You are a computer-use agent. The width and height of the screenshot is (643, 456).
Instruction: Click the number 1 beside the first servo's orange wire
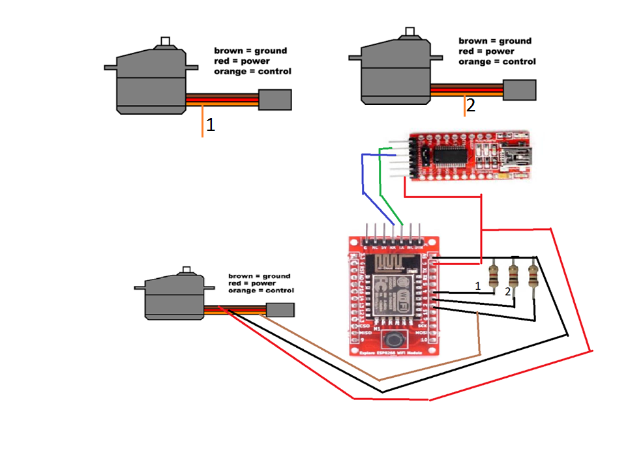tap(211, 125)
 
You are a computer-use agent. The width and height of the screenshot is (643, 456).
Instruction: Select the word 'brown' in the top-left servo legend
tap(228, 51)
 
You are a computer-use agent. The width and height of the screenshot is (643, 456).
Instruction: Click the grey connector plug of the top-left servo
tap(275, 100)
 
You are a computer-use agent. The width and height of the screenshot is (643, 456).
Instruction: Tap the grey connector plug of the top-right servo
tap(519, 90)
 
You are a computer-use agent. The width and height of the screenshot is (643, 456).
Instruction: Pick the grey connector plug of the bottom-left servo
tap(280, 310)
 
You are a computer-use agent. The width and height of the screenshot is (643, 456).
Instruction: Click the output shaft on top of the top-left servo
tap(166, 42)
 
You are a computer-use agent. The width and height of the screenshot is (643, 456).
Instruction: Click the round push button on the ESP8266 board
tap(393, 339)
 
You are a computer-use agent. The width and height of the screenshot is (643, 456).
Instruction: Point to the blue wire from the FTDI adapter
tap(363, 176)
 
